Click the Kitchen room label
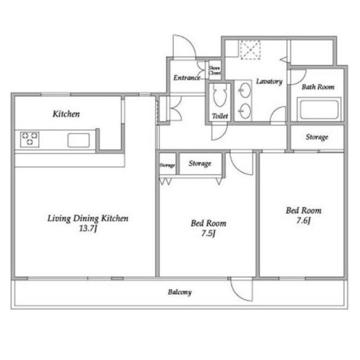point(66,114)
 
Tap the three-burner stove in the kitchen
point(29,139)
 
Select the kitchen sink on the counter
point(79,140)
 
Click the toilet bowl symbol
point(220,95)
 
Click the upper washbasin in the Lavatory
point(245,90)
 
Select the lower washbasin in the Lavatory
point(245,111)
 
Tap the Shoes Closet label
point(215,70)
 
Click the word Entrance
point(187,78)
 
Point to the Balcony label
point(179,292)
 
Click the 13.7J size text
point(88,229)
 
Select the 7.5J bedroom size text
point(208,233)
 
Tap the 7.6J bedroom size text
point(303,221)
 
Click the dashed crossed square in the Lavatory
point(250,50)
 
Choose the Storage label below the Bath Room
point(317,137)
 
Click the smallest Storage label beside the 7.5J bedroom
point(167,166)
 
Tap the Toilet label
point(220,116)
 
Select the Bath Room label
point(318,87)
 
